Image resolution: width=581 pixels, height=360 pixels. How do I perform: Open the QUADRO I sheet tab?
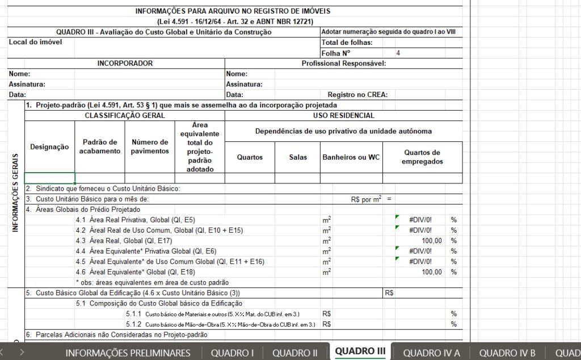point(231,353)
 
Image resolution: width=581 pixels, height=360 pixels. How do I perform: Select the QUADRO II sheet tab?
point(294,353)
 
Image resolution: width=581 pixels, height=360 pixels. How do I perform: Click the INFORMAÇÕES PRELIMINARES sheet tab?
point(128,353)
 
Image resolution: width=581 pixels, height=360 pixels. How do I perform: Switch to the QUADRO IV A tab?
point(431,353)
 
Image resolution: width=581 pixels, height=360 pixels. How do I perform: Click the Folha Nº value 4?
point(398,53)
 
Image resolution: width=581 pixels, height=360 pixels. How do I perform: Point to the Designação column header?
point(49,146)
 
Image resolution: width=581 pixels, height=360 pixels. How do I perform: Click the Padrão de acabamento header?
point(100,146)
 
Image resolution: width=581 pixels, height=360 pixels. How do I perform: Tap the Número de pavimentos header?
point(150,146)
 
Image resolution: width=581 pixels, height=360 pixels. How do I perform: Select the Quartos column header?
point(250,157)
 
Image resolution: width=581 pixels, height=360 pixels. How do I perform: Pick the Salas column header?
point(297,157)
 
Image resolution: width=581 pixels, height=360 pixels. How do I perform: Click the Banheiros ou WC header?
point(351,157)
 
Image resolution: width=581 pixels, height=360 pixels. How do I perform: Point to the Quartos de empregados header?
point(422,157)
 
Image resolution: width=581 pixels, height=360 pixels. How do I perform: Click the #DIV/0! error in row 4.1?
point(420,220)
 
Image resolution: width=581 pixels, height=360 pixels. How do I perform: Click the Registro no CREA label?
point(357,95)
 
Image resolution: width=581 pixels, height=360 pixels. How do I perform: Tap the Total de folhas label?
point(347,43)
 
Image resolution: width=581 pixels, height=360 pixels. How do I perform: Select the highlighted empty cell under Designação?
point(49,178)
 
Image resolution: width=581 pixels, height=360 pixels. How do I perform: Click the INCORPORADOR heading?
point(125,64)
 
